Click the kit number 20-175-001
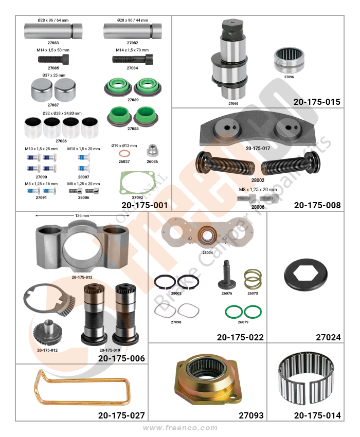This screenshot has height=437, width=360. point(145,205)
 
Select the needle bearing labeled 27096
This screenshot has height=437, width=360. point(289,60)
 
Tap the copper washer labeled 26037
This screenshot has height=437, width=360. point(123,154)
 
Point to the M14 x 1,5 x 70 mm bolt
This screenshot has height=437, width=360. point(133,59)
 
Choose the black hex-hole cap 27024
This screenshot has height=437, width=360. point(305,275)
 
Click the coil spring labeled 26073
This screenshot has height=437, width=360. point(253,279)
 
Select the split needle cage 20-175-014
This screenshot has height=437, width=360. point(306,380)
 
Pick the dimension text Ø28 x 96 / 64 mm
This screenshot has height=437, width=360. point(53,20)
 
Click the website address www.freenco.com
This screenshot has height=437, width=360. point(180,428)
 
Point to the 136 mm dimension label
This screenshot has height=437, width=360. point(82,215)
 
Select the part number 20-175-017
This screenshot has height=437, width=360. point(258,149)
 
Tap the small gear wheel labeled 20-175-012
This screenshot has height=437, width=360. point(48,332)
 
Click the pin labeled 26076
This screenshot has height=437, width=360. point(226,276)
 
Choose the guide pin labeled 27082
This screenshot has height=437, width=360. point(133,31)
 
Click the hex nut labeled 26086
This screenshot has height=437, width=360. point(153,151)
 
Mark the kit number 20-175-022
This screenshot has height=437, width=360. point(240,337)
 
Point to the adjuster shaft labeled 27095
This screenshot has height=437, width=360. point(229,60)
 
